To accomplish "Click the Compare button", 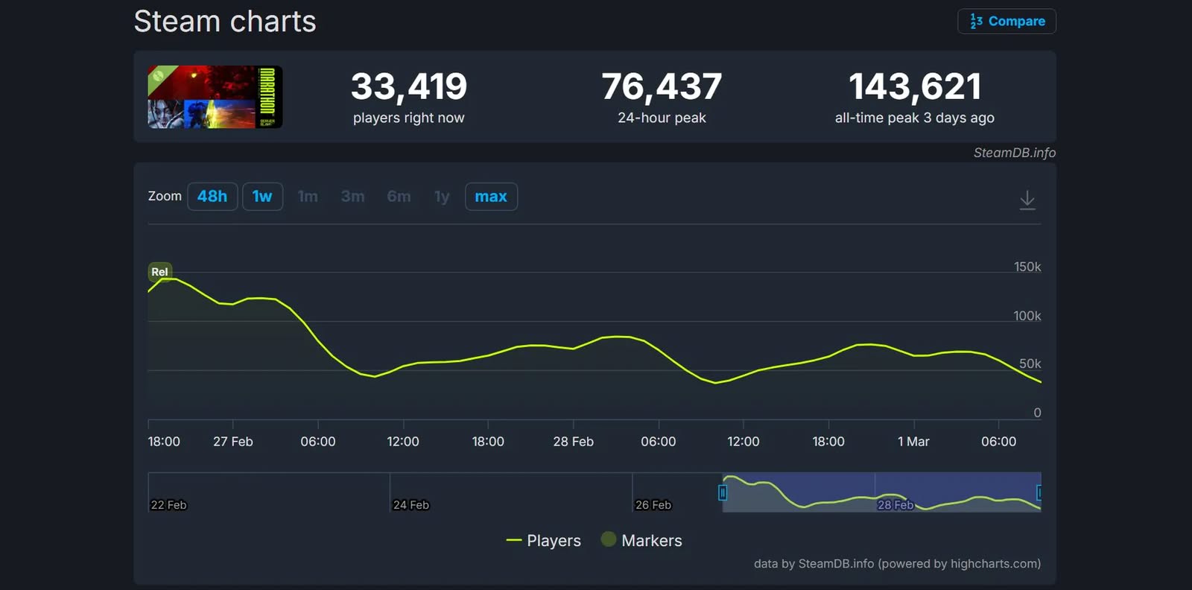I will [x=1006, y=22].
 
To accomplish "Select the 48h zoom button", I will [x=212, y=197].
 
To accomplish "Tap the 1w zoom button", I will [x=262, y=197].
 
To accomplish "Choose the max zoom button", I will [x=491, y=197].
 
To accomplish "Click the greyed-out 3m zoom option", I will [x=352, y=197].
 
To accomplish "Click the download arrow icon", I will [x=1027, y=200].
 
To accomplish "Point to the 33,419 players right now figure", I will [x=409, y=86].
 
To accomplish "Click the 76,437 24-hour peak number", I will [x=662, y=86].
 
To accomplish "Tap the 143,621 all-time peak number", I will [x=915, y=86].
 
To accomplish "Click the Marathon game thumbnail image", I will [x=215, y=97].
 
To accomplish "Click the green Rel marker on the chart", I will [x=159, y=272].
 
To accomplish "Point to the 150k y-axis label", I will [x=1027, y=267].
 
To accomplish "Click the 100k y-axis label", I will [x=1027, y=316].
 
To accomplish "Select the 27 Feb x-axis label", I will [x=233, y=442].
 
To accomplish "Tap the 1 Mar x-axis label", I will [x=913, y=442].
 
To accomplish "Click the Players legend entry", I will [x=543, y=541].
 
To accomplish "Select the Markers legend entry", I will [x=641, y=541].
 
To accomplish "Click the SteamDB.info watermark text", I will [x=1014, y=153].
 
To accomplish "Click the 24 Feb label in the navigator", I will [x=411, y=505].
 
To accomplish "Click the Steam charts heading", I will [x=225, y=22].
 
